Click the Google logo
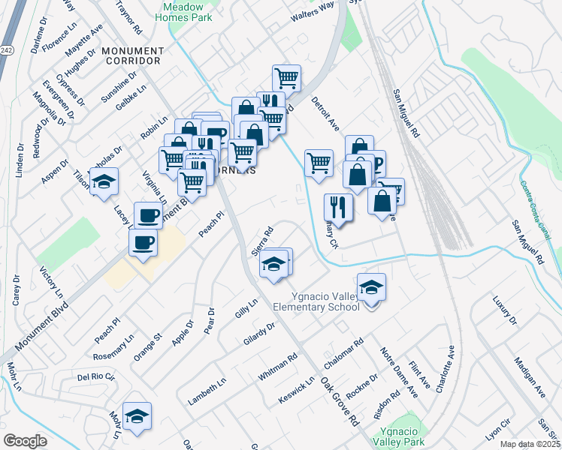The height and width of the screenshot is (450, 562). (x=25, y=441)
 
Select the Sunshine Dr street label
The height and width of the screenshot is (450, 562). (x=119, y=87)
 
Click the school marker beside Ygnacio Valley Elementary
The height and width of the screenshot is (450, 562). (x=371, y=288)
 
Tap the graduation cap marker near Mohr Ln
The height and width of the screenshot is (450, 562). (x=137, y=417)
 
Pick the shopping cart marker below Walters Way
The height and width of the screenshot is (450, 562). (x=286, y=77)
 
